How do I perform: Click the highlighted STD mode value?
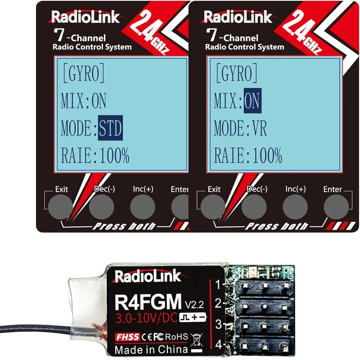(110, 129)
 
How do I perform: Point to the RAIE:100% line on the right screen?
(247, 156)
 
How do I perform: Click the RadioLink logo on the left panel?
(85, 17)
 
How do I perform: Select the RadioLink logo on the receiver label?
(148, 276)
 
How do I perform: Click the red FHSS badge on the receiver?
(126, 335)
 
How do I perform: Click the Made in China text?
(150, 349)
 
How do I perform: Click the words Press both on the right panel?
(276, 226)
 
